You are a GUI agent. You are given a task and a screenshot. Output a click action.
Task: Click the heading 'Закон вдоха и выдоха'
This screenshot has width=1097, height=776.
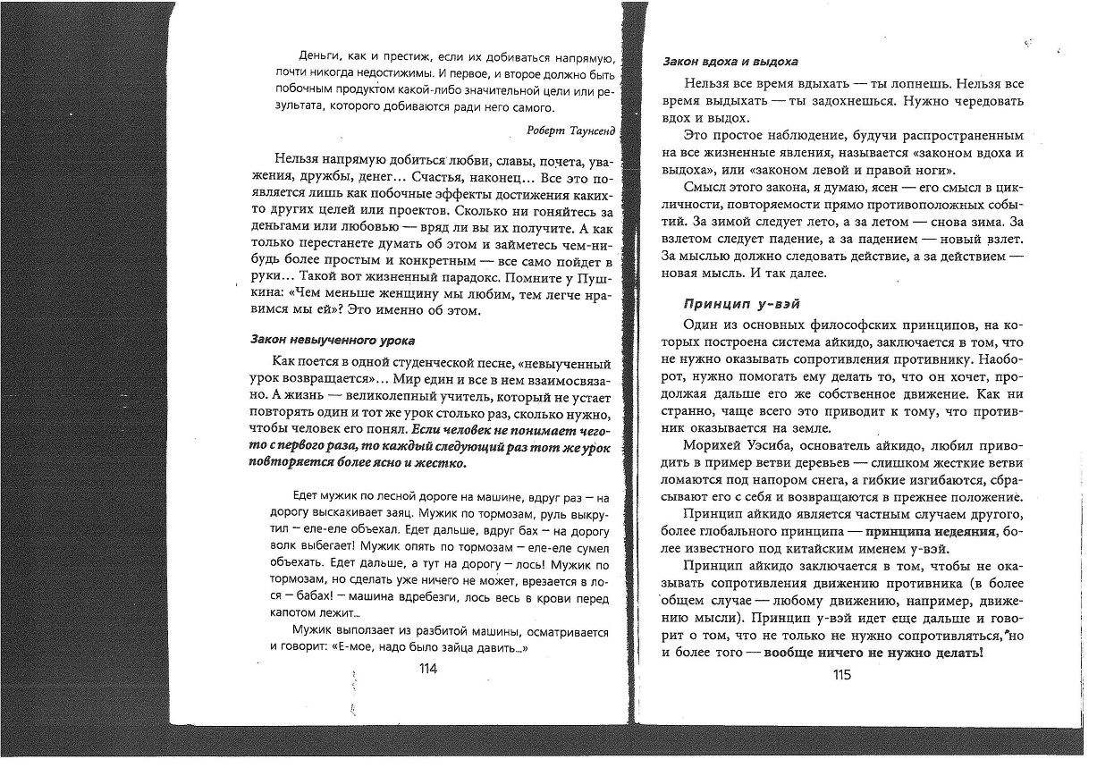(730, 62)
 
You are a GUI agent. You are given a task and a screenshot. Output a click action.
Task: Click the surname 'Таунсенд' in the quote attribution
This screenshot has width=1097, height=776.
(586, 131)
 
